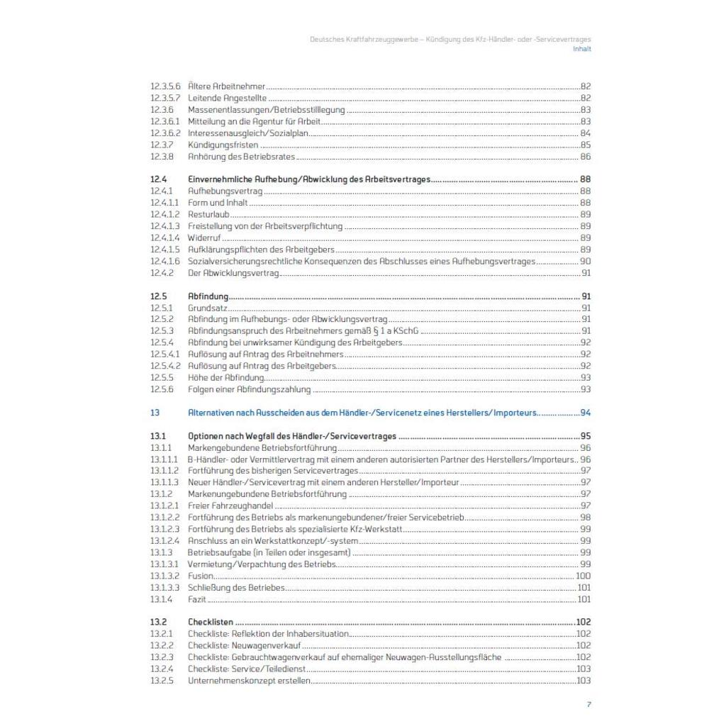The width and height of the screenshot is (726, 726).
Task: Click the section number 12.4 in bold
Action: pos(158,179)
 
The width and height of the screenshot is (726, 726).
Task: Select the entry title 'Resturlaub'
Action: pos(208,214)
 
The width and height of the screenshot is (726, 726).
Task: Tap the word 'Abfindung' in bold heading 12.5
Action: pos(208,296)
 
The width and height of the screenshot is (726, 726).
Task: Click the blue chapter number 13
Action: pos(155,412)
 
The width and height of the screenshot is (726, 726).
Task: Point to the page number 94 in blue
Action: pos(586,412)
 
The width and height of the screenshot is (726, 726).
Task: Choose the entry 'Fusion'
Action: pos(200,576)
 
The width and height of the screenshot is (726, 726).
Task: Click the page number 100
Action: pos(583,576)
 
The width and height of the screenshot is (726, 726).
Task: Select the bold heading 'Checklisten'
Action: pos(211,622)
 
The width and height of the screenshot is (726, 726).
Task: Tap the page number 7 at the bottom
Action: pos(588,704)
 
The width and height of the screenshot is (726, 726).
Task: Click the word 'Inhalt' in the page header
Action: pos(581,49)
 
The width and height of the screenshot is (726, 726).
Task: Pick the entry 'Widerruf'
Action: pos(204,238)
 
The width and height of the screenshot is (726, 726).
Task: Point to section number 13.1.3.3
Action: pos(165,588)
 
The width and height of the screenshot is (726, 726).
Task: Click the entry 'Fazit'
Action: pos(196,599)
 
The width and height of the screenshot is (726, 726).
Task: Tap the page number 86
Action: pos(586,157)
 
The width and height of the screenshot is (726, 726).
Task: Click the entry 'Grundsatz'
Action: pos(207,308)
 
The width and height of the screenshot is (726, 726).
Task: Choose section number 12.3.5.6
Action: pos(165,86)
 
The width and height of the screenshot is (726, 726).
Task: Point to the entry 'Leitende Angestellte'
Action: pos(227,98)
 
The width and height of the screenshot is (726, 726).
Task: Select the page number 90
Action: pos(586,261)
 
